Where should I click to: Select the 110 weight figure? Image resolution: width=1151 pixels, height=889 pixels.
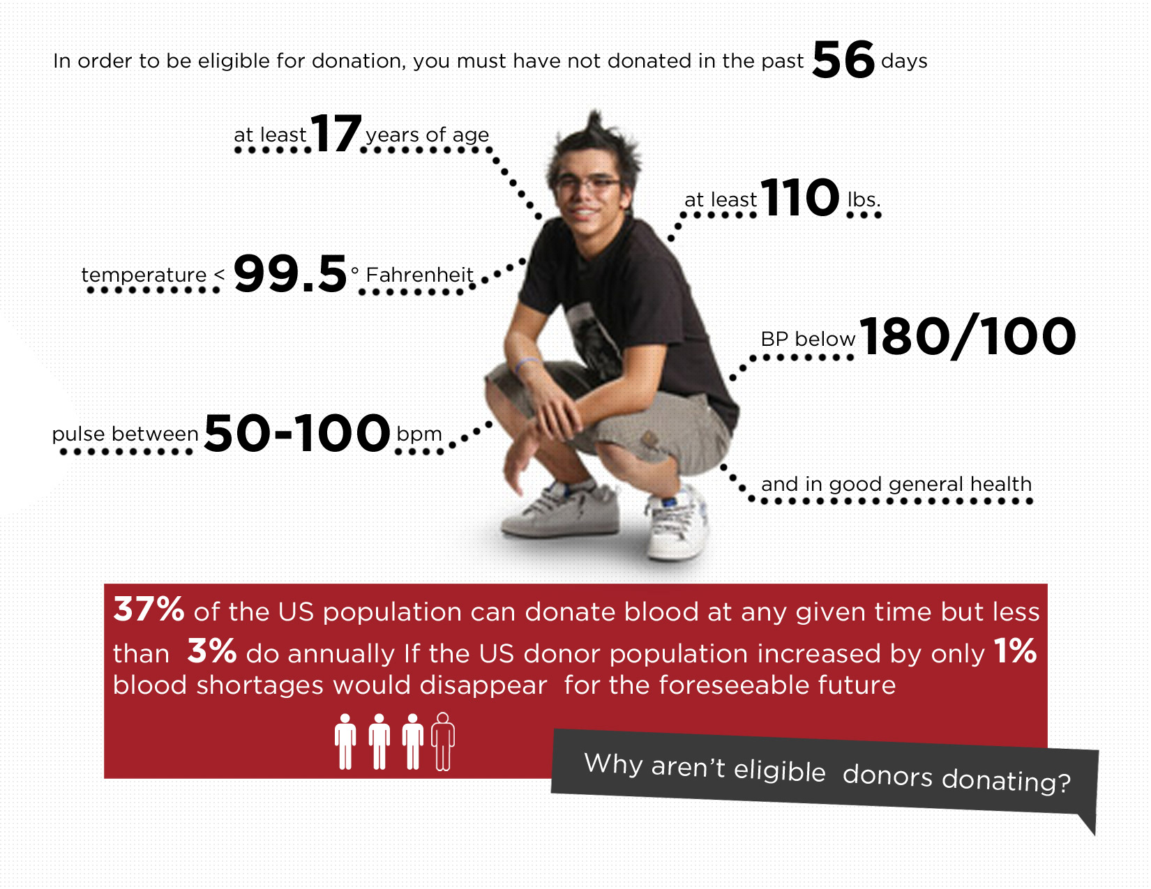coord(800,197)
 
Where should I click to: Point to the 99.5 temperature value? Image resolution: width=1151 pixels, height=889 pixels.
coord(289,273)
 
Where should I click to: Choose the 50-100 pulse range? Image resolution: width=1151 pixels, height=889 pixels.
coord(297,433)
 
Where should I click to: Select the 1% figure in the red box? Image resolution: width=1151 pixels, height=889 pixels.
coord(1015,651)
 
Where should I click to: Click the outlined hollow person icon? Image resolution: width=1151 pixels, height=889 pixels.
coord(443,741)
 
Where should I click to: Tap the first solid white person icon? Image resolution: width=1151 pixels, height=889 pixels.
coord(345,741)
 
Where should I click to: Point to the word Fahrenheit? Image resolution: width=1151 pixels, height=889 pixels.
coord(419,275)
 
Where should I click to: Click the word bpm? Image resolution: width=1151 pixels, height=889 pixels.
coord(419,434)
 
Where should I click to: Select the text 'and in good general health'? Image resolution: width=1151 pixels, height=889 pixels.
coord(896,485)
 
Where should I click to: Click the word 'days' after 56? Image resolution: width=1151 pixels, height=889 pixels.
coord(903,61)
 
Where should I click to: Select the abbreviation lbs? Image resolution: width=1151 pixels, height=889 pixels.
coord(864,199)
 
